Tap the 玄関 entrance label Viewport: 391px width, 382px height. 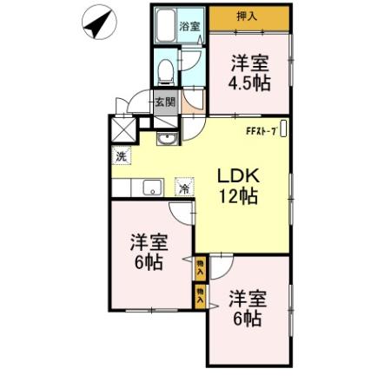coord(164,101)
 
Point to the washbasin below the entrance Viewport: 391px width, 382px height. coord(167,139)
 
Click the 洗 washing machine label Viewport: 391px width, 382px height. coord(122,157)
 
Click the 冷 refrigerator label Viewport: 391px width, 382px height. coord(184,187)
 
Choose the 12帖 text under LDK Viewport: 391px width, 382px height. coord(237,196)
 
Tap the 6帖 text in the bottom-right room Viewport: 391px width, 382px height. coord(247,318)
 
